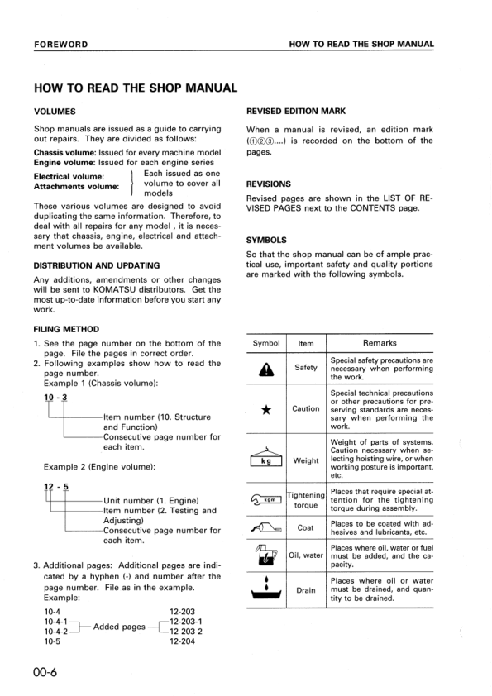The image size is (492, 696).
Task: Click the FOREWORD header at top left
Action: [x=61, y=44]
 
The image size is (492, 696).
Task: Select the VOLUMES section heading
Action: [x=55, y=111]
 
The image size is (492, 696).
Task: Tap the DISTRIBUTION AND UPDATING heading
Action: [x=97, y=265]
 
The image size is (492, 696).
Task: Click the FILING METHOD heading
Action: [x=66, y=329]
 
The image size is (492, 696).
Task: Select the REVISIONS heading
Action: [x=269, y=184]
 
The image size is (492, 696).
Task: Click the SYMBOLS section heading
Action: [x=266, y=241]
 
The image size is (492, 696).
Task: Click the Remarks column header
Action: [x=380, y=343]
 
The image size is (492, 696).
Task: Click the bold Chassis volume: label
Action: [x=64, y=153]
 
